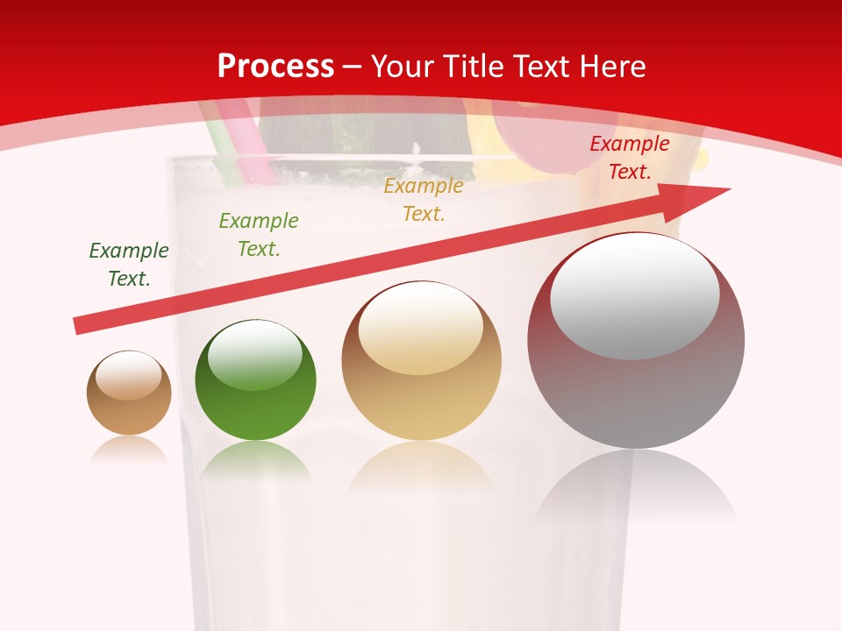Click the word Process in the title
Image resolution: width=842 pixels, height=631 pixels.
pos(275,67)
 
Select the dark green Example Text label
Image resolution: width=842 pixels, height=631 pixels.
pos(129,264)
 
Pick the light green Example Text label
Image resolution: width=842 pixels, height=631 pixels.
pos(259,234)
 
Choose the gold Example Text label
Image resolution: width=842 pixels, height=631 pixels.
pos(424,199)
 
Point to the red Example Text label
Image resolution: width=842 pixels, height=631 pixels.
pos(630,158)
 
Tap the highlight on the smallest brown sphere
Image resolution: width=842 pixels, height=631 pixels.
pos(128,376)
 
